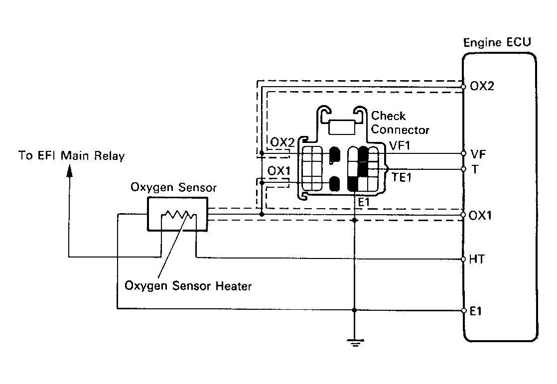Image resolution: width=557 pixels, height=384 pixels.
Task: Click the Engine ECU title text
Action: tap(497, 43)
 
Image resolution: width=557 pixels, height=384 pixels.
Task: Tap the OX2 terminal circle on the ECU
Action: tap(463, 86)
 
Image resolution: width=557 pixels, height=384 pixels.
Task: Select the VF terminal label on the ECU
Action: tap(478, 154)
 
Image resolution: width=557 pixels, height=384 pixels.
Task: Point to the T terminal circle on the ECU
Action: tap(463, 169)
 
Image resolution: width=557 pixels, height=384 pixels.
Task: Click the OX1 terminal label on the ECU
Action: tap(480, 215)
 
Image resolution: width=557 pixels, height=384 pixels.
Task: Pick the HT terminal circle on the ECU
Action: tap(463, 259)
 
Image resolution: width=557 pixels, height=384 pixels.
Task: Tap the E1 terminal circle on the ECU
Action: tap(463, 310)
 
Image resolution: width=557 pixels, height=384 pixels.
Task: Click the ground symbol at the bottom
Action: tap(355, 343)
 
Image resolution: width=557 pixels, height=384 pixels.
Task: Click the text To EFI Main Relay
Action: tap(72, 155)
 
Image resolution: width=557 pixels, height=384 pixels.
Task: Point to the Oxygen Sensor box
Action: tap(177, 214)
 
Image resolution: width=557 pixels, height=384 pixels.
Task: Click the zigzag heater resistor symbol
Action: tap(179, 214)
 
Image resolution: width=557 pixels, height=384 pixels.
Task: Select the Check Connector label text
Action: tap(400, 123)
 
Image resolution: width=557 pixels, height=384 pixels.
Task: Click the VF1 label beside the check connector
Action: tap(400, 145)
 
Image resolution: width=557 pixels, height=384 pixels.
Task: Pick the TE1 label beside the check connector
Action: tap(402, 177)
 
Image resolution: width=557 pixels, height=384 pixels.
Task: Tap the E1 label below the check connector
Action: tap(364, 203)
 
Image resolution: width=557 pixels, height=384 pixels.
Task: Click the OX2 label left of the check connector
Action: tap(282, 142)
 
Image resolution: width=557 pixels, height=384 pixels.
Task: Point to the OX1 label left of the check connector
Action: tap(279, 171)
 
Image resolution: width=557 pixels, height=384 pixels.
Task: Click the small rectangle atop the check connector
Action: tap(342, 127)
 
